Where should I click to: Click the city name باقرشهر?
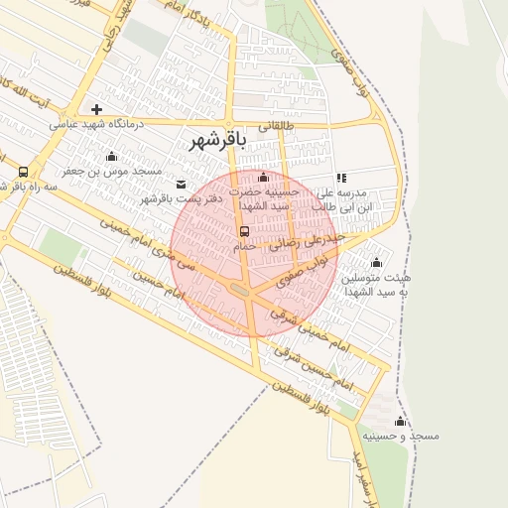coord(217,141)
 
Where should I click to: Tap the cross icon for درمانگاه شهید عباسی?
coord(96,108)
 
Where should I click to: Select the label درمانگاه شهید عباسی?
coord(97,124)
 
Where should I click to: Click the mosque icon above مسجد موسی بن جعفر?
coord(111,156)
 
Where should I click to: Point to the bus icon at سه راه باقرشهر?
coord(24,171)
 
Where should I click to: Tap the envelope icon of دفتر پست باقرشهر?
coord(181,184)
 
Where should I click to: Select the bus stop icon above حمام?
coord(244,231)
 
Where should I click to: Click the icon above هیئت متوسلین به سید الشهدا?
coord(376,263)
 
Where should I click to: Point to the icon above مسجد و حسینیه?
coord(401,422)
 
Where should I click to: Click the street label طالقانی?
coord(277,127)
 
